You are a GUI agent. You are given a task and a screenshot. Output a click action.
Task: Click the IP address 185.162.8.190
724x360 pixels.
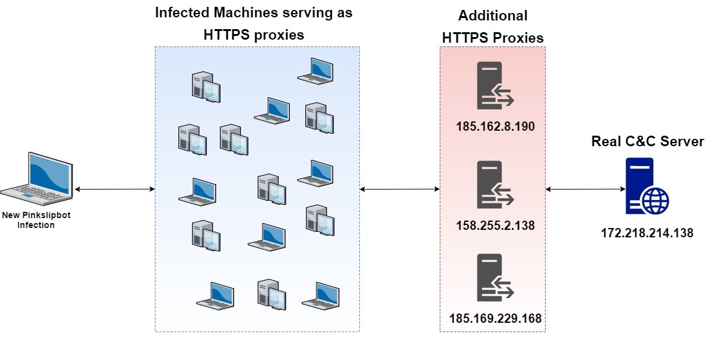[495, 127]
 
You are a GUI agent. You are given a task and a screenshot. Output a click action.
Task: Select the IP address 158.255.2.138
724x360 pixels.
[495, 226]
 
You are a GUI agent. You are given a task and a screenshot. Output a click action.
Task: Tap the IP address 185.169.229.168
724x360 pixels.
[495, 318]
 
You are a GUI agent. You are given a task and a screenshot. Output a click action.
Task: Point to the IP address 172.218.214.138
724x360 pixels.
[647, 234]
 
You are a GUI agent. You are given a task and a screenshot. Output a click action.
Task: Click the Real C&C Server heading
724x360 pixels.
[647, 141]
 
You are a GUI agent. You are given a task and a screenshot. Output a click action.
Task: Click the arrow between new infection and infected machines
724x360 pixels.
[114, 188]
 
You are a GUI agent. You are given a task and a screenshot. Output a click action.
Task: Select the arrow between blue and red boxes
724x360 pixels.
[399, 188]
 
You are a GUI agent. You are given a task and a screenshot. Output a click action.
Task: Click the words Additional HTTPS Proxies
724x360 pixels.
[492, 27]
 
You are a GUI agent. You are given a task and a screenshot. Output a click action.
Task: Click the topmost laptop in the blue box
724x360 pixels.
[315, 69]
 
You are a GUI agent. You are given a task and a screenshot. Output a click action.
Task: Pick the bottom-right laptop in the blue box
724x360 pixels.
[320, 296]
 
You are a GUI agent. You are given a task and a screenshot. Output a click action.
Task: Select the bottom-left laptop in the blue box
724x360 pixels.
[215, 296]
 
